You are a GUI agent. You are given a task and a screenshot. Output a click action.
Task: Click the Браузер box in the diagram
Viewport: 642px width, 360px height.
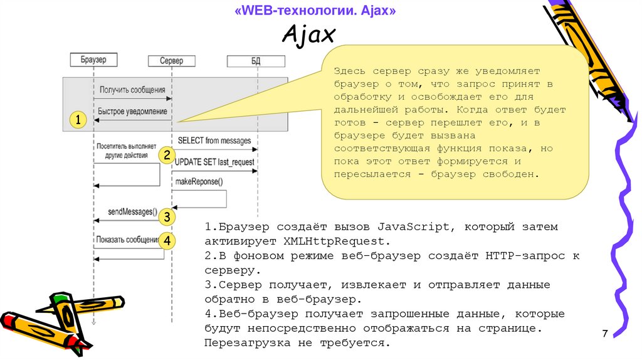click(x=93, y=59)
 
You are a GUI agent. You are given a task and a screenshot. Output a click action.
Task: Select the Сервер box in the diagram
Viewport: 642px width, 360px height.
click(x=171, y=61)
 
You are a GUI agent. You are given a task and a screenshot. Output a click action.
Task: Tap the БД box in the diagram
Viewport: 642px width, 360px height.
click(x=255, y=61)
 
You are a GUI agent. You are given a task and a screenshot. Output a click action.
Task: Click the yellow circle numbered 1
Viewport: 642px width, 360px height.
click(x=77, y=120)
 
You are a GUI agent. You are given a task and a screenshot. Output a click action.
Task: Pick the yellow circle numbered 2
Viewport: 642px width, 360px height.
click(x=166, y=155)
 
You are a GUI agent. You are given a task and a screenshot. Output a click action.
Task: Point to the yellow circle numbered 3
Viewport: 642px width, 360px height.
click(x=166, y=217)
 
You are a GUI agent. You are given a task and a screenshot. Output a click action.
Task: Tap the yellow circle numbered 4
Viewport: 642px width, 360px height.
click(x=166, y=240)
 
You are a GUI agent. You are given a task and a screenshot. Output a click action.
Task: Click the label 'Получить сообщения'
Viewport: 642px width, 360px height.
click(x=132, y=90)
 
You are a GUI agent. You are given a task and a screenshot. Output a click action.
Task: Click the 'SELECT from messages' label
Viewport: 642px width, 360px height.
click(x=214, y=140)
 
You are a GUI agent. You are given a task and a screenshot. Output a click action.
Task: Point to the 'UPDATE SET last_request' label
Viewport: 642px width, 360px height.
click(x=215, y=162)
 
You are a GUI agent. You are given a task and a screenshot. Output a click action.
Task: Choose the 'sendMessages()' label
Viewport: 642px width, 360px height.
click(x=132, y=211)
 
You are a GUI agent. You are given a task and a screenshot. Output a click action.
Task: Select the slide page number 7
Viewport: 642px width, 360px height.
click(x=605, y=333)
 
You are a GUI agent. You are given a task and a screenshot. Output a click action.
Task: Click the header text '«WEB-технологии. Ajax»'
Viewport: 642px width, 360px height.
click(x=315, y=11)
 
